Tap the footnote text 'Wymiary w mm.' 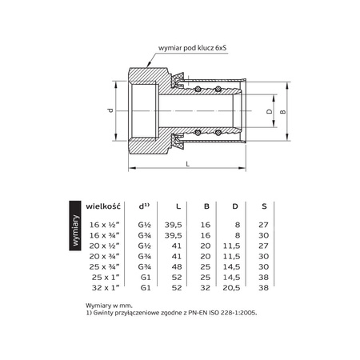click(109, 306)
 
